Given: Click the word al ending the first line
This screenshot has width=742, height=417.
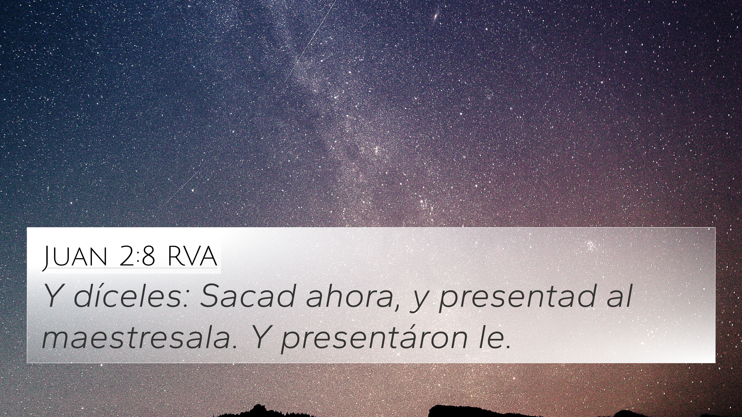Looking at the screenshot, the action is pyautogui.click(x=619, y=296).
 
